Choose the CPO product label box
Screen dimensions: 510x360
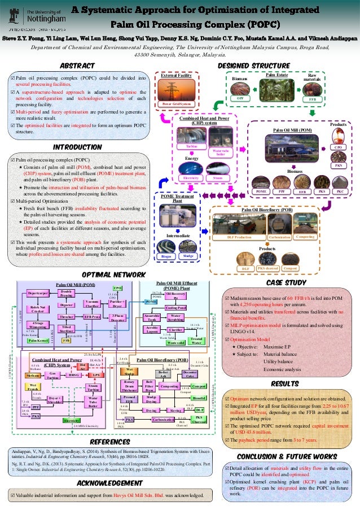point(337,147)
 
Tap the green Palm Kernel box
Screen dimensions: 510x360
point(38,341)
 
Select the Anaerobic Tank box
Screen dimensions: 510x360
point(153,317)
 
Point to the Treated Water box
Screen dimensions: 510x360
point(197,341)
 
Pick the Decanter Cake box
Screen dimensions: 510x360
point(190,374)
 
